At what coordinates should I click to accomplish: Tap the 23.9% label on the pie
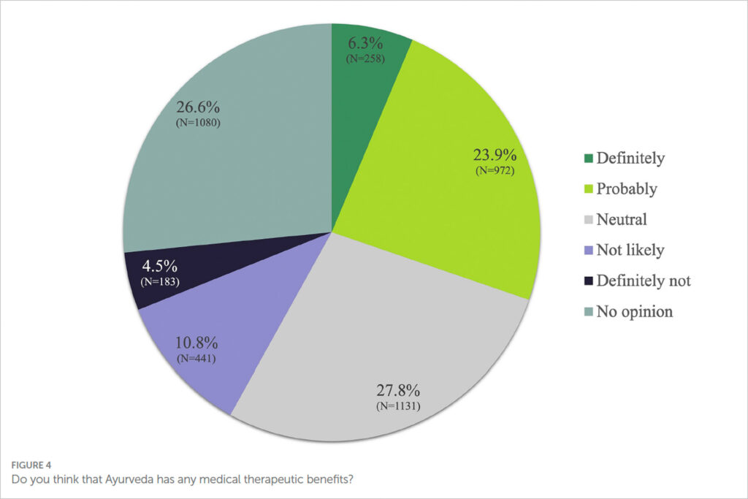click(495, 156)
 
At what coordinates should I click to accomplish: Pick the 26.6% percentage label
click(198, 107)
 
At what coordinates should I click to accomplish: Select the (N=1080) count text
click(198, 122)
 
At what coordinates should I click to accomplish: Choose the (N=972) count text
click(495, 171)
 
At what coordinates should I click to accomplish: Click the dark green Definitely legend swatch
click(588, 158)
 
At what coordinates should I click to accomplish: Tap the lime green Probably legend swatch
click(588, 188)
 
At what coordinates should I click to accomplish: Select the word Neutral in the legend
click(622, 219)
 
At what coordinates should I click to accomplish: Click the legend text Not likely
click(630, 250)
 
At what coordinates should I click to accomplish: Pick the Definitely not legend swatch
click(588, 281)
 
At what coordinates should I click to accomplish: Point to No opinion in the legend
click(634, 311)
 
